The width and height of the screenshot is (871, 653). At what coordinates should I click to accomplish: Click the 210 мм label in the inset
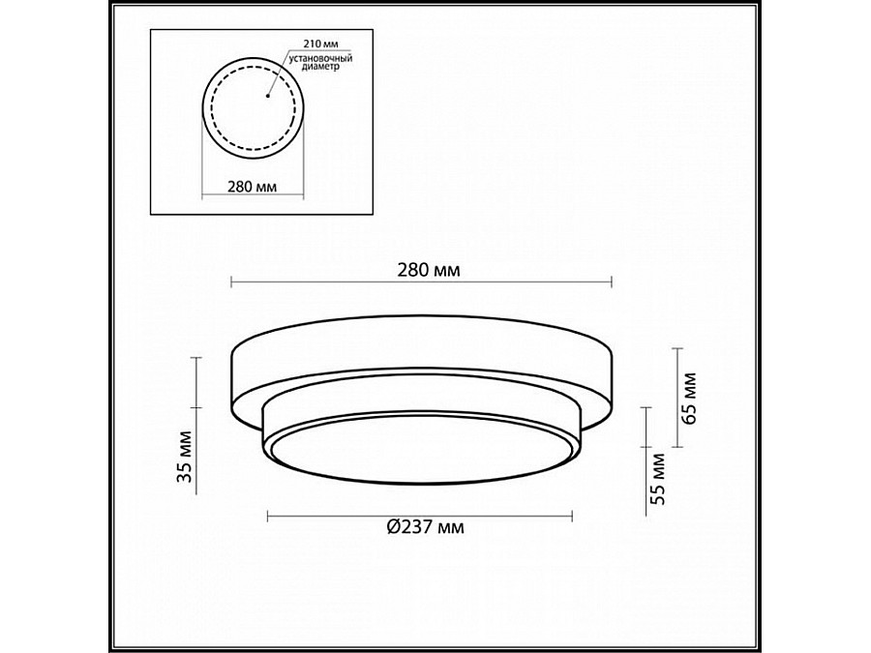pos(320,44)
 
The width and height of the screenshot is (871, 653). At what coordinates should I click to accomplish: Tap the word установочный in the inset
pos(322,58)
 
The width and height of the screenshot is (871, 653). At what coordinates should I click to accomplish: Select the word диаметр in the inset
pos(321,67)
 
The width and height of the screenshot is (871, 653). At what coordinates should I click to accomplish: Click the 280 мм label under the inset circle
pos(253,187)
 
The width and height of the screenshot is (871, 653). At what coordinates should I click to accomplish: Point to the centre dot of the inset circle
pos(267,96)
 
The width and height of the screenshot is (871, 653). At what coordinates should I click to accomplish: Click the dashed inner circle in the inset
pos(211,108)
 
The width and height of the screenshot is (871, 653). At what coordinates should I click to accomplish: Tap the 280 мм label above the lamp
pos(429,271)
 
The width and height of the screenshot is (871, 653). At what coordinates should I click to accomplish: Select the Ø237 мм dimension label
pos(426,526)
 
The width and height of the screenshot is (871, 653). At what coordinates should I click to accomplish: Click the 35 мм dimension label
pos(185,457)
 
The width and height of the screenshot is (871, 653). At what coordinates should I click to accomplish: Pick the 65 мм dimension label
pos(688,398)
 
